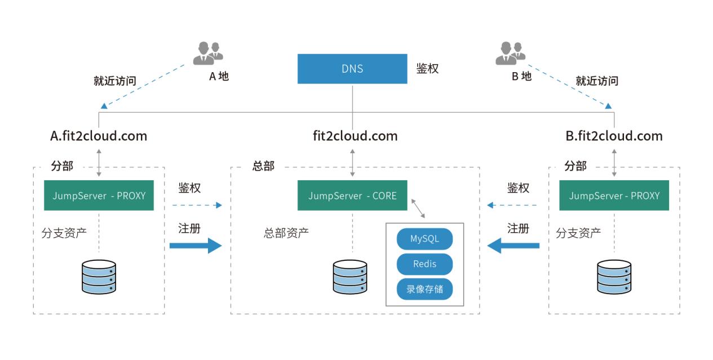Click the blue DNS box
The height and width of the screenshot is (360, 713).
point(352,69)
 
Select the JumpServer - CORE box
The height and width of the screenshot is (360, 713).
point(352,195)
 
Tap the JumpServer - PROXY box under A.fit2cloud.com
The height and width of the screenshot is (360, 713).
point(99,195)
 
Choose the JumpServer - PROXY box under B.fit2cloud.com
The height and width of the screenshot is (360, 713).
point(614,195)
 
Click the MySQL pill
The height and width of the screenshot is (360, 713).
point(424,239)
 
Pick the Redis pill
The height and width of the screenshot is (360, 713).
point(424,264)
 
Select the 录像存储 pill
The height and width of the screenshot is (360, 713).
point(424,290)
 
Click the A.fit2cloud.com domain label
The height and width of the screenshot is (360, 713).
point(99,136)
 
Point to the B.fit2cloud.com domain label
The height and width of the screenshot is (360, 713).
point(614,136)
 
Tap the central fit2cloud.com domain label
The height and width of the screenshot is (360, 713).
point(355,136)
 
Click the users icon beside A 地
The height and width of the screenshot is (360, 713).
point(207,53)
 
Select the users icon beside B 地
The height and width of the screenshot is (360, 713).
point(510,53)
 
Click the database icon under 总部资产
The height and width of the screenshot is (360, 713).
point(349,277)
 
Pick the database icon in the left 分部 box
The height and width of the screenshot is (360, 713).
point(99,277)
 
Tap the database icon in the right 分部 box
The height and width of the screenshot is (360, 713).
point(614,277)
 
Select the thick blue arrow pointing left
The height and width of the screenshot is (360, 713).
point(513,246)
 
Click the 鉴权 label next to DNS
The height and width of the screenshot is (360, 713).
point(427,69)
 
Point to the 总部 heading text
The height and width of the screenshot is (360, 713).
point(263,166)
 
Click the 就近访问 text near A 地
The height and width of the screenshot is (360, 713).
point(115,81)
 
